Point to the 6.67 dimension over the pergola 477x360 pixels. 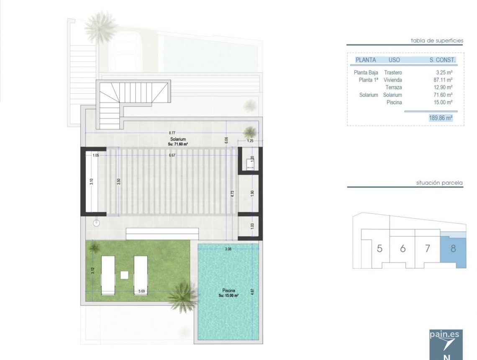[x=172, y=155]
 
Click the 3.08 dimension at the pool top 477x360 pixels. [x=228, y=249]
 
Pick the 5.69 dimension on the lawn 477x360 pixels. [x=142, y=291]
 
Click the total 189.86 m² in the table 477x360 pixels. [x=441, y=118]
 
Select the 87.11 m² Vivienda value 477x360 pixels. [x=444, y=80]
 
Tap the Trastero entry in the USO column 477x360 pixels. [x=393, y=73]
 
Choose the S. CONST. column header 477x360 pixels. [x=442, y=60]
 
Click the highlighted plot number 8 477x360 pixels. [x=453, y=248]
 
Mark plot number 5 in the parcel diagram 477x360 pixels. [x=380, y=248]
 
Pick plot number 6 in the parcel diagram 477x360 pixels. [x=403, y=248]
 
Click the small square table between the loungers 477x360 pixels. [x=124, y=275]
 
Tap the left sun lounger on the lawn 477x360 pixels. [x=108, y=275]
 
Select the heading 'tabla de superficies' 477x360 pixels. [x=437, y=41]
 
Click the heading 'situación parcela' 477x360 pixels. [x=439, y=183]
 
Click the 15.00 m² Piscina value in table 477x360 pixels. [x=444, y=102]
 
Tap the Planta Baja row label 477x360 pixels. [x=366, y=73]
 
